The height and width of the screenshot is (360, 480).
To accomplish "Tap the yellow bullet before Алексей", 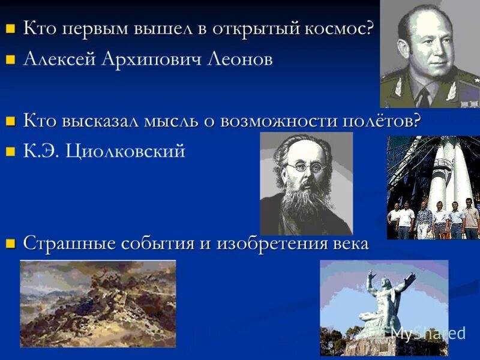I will click(10, 60).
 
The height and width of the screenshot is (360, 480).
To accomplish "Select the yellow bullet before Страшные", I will click(10, 244).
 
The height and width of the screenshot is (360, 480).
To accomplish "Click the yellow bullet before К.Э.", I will click(10, 152).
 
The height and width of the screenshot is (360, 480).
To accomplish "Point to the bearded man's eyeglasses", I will click(305, 166).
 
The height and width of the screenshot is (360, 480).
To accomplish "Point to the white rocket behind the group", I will click(444, 168).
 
